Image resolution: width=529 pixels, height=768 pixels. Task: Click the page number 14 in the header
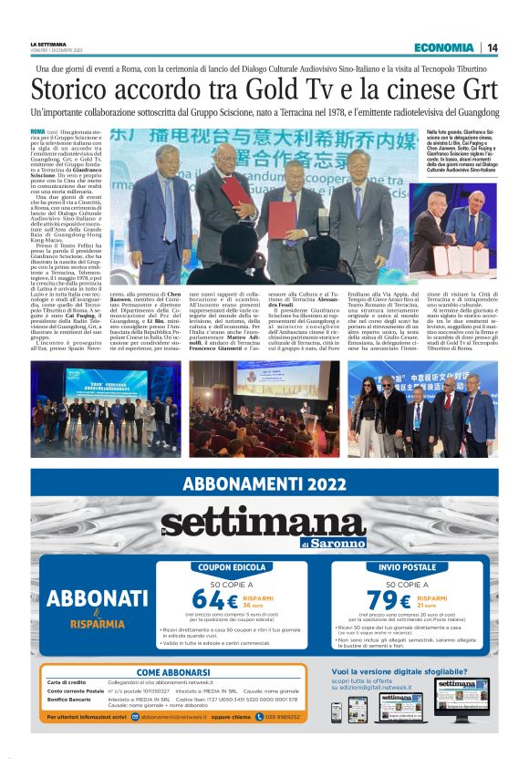click(x=492, y=47)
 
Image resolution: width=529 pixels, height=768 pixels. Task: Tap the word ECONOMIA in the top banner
click(x=442, y=47)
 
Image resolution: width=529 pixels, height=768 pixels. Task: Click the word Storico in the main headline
click(x=74, y=90)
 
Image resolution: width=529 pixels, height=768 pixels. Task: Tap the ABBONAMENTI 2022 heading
click(x=264, y=484)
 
